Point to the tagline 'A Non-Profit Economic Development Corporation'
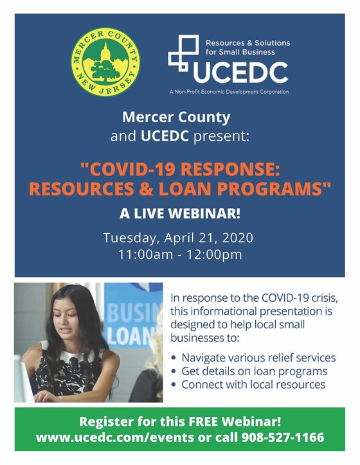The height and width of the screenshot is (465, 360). pos(229,92)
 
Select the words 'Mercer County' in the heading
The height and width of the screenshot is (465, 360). pos(175,119)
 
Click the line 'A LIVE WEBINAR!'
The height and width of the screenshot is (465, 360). pos(179,214)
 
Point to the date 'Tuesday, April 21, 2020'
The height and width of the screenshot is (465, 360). pos(179,238)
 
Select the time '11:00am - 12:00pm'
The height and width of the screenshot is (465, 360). pos(179,254)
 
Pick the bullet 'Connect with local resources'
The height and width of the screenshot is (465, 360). pos(253,385)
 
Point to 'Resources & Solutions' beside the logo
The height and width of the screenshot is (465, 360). pos(248,43)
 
